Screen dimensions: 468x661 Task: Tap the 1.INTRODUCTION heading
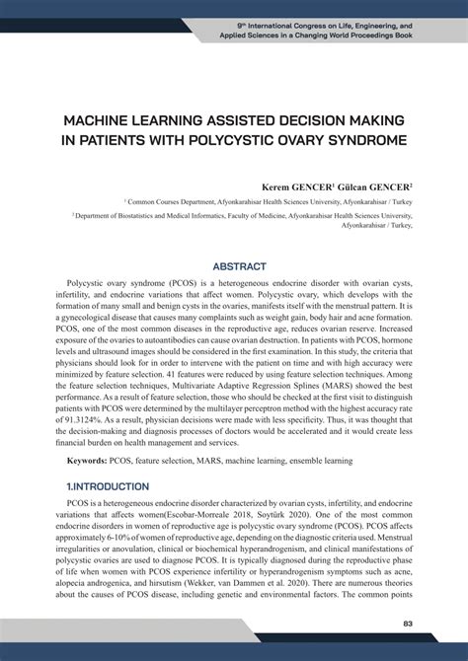pyautogui.click(x=108, y=486)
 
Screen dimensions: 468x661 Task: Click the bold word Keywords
pyautogui.click(x=87, y=461)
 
